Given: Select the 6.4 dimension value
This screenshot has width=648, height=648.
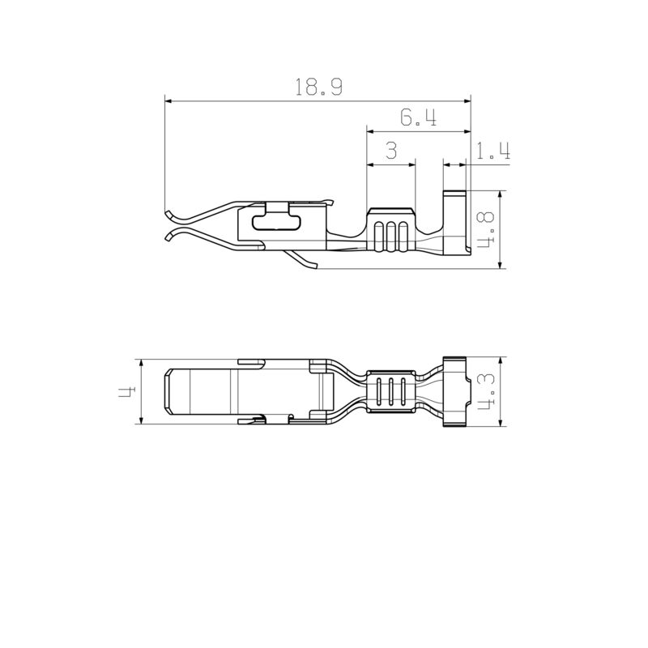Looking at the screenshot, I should point(419,118).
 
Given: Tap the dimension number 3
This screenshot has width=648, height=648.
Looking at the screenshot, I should point(390,151).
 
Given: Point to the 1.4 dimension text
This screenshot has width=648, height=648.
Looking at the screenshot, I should point(492,151).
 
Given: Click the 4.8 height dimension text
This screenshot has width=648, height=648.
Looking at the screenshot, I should point(487,230).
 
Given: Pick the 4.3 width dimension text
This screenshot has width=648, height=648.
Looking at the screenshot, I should point(487,391).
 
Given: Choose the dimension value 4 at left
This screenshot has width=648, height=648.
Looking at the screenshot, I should point(126,391).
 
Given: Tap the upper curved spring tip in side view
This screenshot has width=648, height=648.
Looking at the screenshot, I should point(169,215).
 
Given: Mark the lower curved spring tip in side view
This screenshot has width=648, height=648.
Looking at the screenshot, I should point(169,236).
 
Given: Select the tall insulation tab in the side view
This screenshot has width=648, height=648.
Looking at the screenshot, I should point(456,223).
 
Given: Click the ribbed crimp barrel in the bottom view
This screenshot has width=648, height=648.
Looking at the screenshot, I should point(392,392).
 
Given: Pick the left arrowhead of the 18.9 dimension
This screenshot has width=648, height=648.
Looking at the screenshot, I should point(167,101).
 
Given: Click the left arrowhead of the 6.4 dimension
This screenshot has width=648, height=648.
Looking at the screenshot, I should point(370,131).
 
